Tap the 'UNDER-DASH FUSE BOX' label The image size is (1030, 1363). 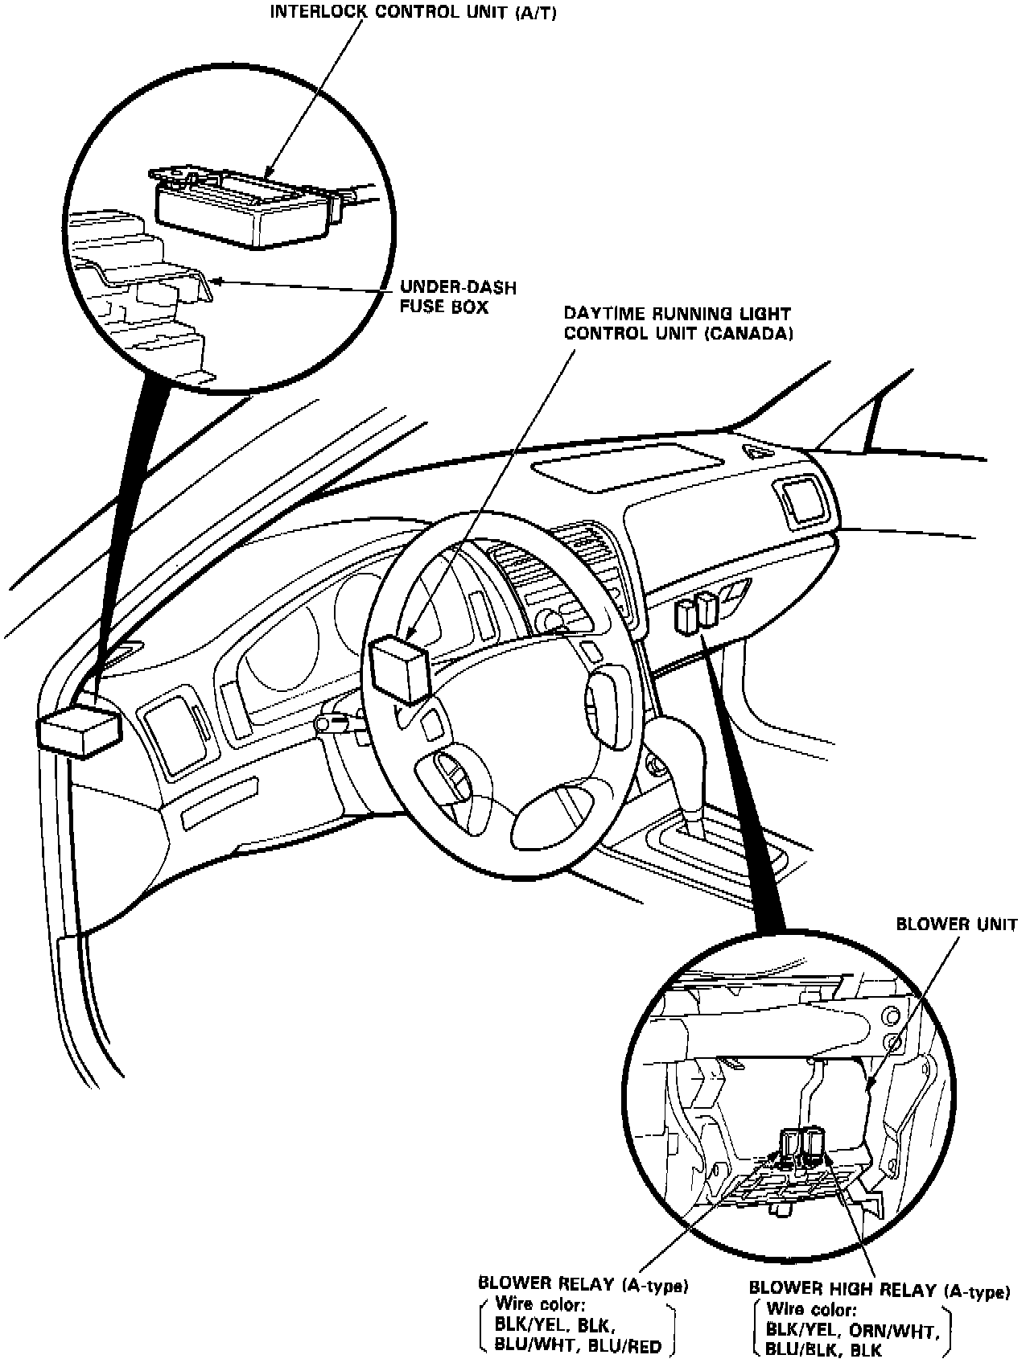pyautogui.click(x=458, y=297)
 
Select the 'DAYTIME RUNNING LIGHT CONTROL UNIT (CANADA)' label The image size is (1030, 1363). pyautogui.click(x=677, y=323)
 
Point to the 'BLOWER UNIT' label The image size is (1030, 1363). pyautogui.click(x=957, y=924)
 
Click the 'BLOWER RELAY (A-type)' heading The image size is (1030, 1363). pyautogui.click(x=583, y=1285)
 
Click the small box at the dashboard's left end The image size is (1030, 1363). pyautogui.click(x=79, y=731)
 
